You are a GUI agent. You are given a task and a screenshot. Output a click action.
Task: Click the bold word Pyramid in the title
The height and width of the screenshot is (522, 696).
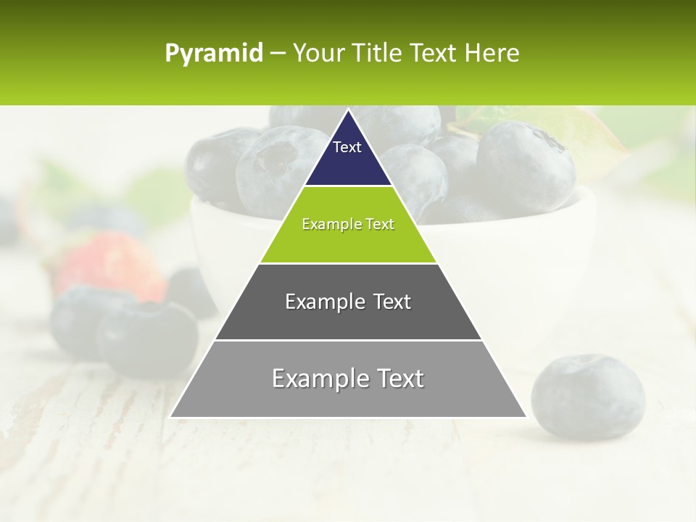coord(214,54)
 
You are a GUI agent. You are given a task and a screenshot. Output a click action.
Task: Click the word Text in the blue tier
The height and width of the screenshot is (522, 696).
coord(347,147)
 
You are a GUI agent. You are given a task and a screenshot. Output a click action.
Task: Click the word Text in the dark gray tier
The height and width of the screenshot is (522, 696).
coord(391,302)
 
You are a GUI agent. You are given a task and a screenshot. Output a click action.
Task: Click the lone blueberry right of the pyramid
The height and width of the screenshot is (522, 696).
coord(587,397)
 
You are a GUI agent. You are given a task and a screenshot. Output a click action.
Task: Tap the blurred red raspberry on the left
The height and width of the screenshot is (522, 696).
coord(109,265)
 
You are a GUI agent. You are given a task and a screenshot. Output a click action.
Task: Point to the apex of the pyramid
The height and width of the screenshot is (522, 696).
coord(348,110)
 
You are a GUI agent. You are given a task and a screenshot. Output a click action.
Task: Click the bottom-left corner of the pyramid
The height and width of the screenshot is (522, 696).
coord(171,416)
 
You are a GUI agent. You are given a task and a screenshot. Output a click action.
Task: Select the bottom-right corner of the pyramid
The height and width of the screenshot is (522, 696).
coord(526,416)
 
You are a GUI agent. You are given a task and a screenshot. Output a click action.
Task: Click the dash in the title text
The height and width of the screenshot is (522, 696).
coord(278,54)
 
